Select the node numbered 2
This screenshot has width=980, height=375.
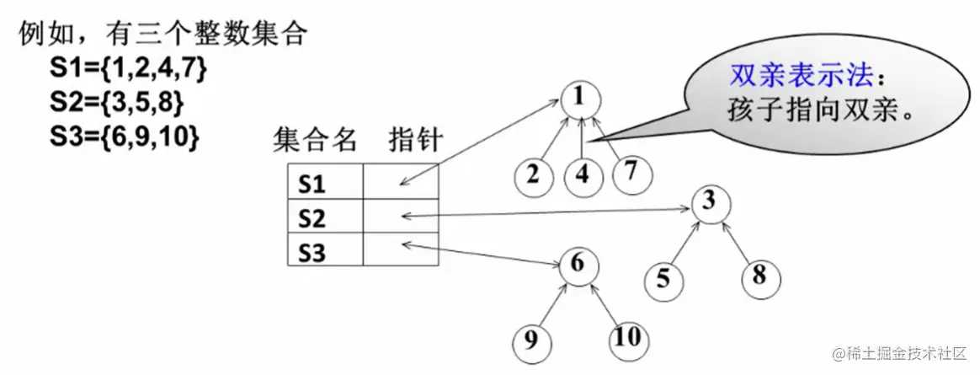534,175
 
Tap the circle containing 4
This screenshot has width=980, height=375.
582,176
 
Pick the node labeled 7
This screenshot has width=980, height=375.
631,173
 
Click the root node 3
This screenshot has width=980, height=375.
710,202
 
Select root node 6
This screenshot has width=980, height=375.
578,264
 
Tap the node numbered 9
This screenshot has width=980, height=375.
531,340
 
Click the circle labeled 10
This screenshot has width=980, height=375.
628,338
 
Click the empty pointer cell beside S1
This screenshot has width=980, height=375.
401,181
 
